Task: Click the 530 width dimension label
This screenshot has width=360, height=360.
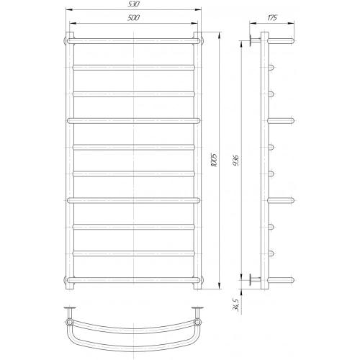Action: [133, 4]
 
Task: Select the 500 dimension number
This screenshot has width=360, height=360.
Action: [133, 18]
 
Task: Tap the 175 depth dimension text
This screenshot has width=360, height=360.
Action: [272, 18]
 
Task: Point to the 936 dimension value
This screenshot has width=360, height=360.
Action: [235, 161]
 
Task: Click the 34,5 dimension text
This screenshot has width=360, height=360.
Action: [235, 305]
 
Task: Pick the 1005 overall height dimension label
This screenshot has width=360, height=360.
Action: [215, 160]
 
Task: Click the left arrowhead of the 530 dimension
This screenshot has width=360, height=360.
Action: [69, 9]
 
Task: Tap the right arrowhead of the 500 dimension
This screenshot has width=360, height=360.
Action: [194, 23]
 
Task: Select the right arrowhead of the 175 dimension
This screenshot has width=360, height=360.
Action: [291, 23]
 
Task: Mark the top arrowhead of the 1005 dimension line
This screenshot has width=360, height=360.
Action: [219, 35]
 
